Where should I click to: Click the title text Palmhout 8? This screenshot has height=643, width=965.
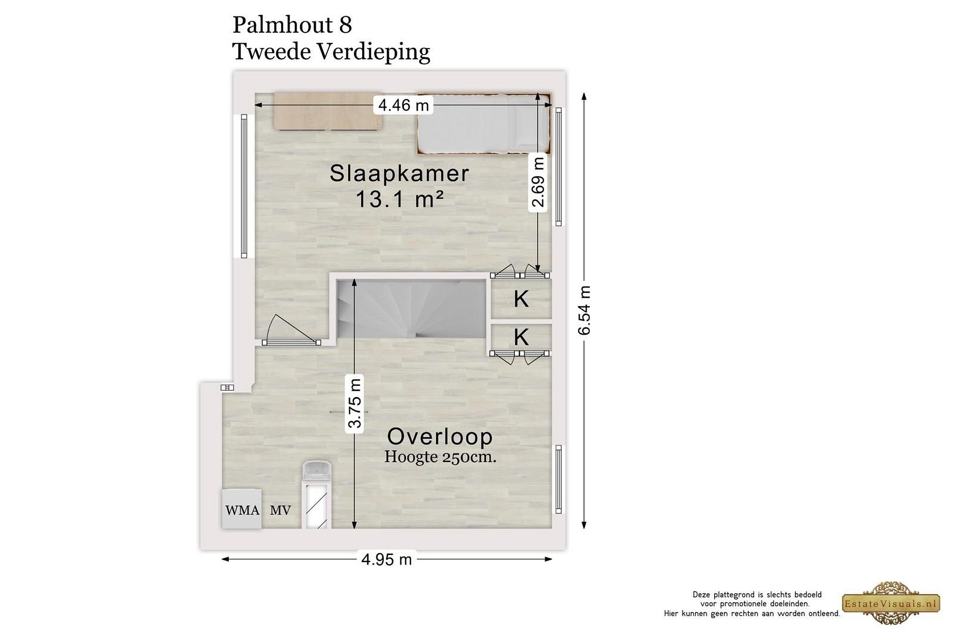tap(292, 25)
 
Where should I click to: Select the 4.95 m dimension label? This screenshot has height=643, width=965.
tap(386, 559)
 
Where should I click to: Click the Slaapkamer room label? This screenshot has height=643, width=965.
tap(399, 173)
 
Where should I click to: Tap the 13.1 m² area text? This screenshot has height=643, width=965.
tap(400, 200)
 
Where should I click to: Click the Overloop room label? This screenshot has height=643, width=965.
tap(440, 437)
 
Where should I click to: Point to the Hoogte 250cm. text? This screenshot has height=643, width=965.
tap(440, 457)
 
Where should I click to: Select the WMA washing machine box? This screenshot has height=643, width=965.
tap(242, 509)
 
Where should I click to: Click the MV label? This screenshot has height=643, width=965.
tap(280, 510)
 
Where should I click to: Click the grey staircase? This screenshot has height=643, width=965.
tap(411, 309)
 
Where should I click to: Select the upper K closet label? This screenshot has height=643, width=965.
tap(521, 299)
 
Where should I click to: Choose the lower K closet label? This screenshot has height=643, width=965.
tap(521, 337)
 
